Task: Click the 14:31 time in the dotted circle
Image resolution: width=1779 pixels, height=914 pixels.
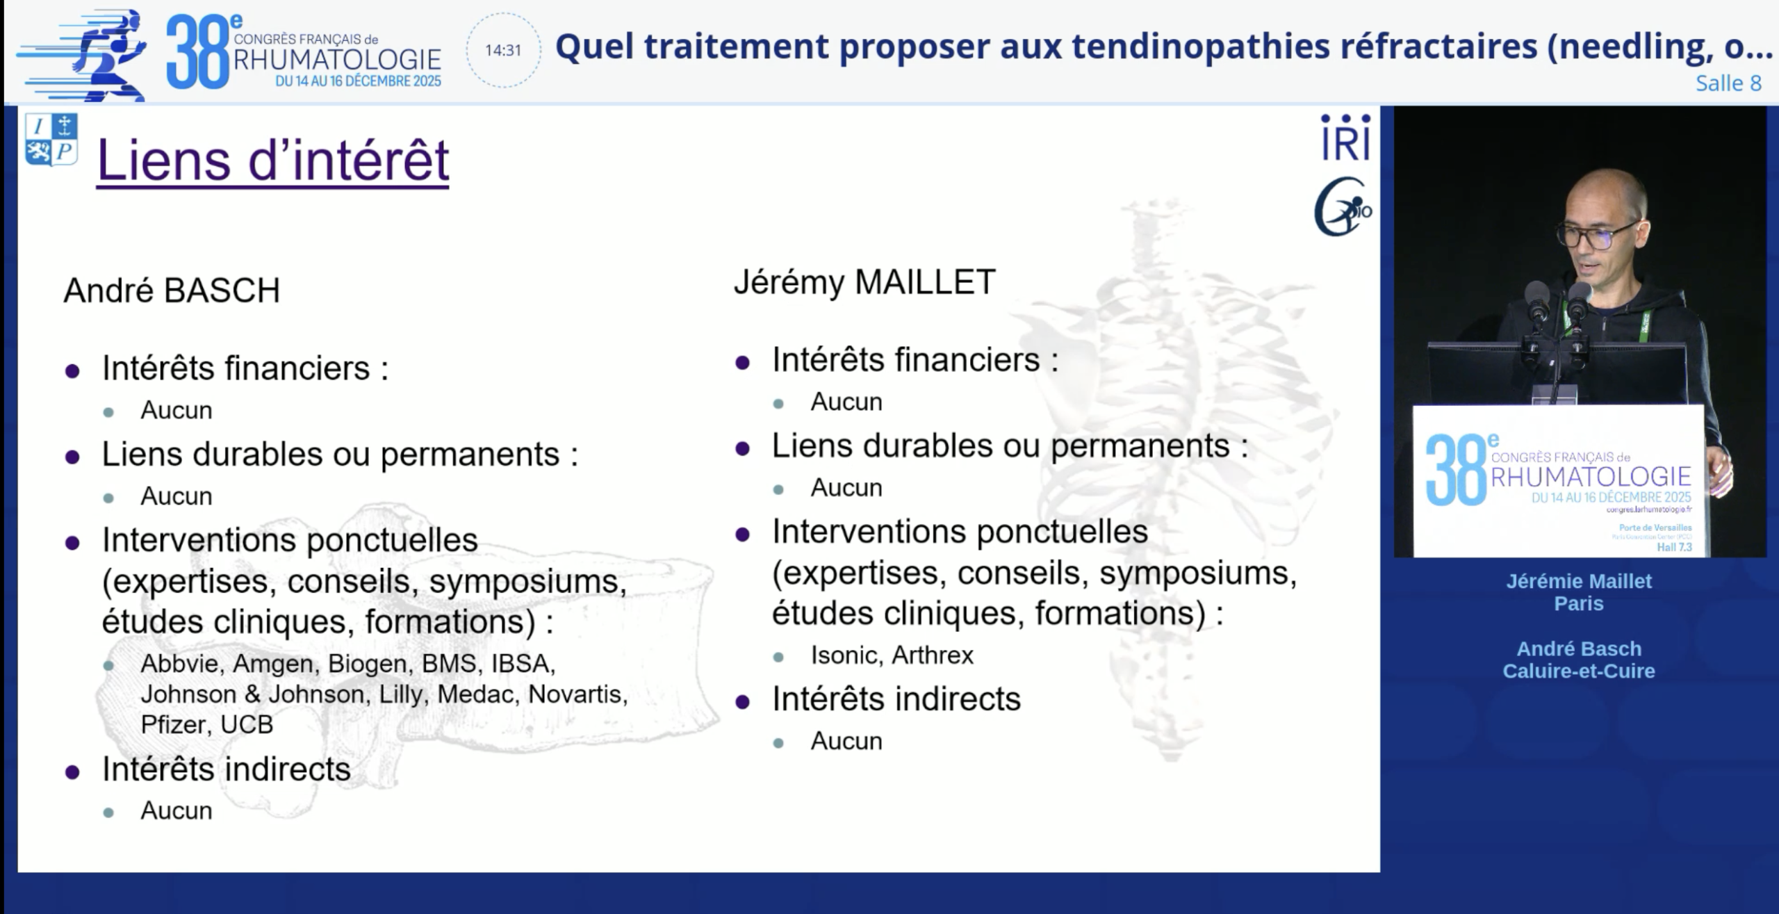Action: tap(503, 50)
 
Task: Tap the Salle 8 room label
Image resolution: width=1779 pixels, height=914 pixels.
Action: tap(1728, 83)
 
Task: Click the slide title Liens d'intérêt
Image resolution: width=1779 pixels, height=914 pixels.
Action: tap(272, 161)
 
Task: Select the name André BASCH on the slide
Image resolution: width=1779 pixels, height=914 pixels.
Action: tap(172, 291)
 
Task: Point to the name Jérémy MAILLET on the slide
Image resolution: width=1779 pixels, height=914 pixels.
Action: tap(864, 283)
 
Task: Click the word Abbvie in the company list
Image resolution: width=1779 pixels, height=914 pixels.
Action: tap(182, 664)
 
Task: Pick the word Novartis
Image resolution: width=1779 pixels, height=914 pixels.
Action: tap(578, 694)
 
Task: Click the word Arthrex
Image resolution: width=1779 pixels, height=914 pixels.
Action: tap(933, 655)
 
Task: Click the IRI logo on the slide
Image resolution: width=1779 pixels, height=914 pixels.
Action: tap(1345, 138)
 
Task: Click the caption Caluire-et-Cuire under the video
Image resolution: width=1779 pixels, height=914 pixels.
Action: tap(1579, 671)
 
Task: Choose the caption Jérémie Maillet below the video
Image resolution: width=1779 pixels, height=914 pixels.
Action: tap(1579, 581)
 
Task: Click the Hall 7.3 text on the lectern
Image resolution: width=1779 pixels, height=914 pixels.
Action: tap(1674, 547)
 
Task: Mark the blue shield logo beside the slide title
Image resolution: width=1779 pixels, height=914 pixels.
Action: tap(51, 140)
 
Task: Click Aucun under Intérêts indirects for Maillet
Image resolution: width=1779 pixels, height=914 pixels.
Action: tap(846, 742)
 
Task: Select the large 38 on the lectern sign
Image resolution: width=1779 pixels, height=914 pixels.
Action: tap(1456, 470)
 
